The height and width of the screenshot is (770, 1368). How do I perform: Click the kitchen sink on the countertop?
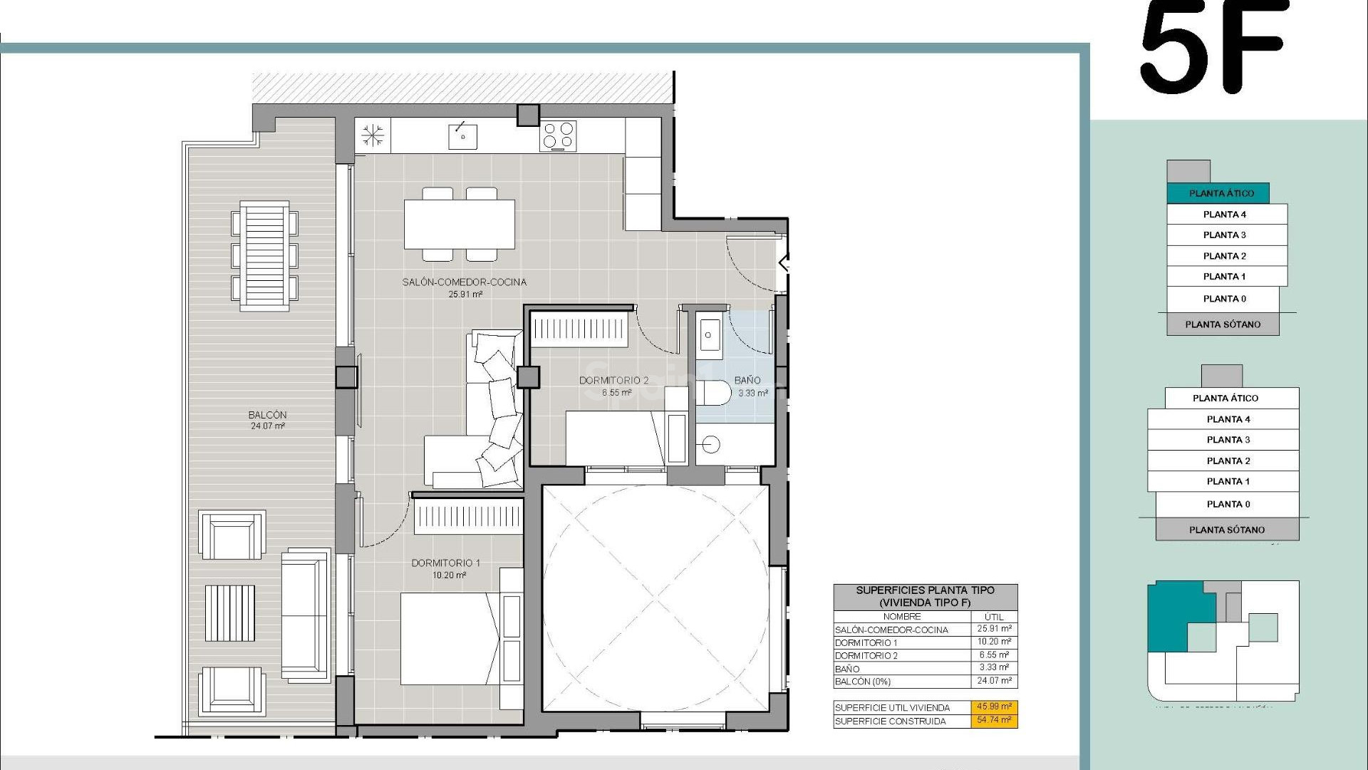pyautogui.click(x=462, y=135)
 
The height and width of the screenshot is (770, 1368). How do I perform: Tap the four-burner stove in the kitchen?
pyautogui.click(x=558, y=135)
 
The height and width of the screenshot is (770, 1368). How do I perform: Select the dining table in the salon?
pyautogui.click(x=460, y=224)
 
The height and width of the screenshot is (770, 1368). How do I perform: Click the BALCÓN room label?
pyautogui.click(x=267, y=415)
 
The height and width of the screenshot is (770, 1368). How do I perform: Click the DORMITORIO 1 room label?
pyautogui.click(x=445, y=563)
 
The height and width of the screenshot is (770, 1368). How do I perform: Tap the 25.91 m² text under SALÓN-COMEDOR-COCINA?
pyautogui.click(x=465, y=294)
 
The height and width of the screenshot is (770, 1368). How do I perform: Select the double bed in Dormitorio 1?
pyautogui.click(x=449, y=638)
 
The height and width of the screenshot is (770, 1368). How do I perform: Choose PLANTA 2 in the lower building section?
pyautogui.click(x=1228, y=461)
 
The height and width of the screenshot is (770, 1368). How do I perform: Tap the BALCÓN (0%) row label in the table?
pyautogui.click(x=862, y=682)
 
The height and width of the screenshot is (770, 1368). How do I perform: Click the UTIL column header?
pyautogui.click(x=993, y=617)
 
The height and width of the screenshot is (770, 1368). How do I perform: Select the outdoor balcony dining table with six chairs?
pyautogui.click(x=264, y=255)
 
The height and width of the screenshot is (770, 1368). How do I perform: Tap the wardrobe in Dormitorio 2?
pyautogui.click(x=578, y=329)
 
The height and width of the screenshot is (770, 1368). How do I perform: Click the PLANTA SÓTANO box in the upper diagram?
pyautogui.click(x=1222, y=324)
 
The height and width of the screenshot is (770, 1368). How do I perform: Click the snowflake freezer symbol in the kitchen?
pyautogui.click(x=373, y=135)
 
